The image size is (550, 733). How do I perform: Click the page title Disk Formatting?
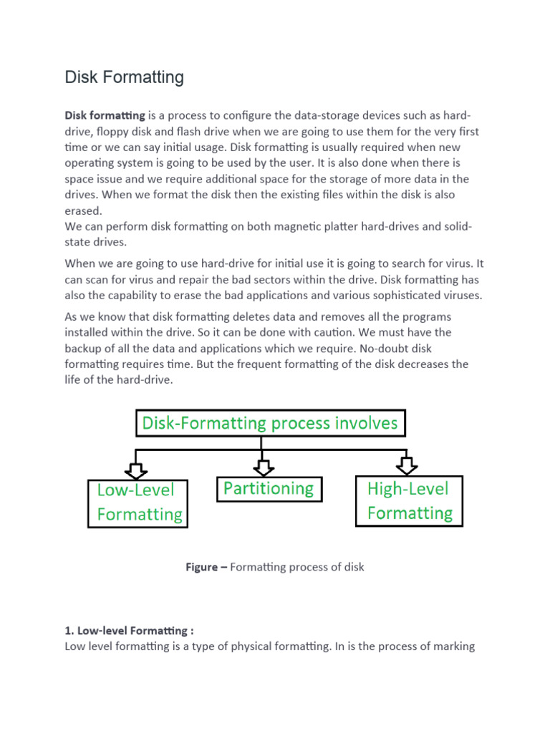124,77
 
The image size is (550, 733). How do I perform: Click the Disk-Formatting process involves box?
271,423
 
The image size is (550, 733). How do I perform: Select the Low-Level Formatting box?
138,503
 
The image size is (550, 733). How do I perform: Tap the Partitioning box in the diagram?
269,489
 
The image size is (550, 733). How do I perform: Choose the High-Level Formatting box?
410,501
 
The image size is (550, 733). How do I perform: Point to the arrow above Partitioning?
264,467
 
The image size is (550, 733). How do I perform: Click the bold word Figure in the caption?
201,567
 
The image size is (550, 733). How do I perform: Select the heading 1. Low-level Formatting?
129,631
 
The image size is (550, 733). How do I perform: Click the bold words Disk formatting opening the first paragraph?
105,116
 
